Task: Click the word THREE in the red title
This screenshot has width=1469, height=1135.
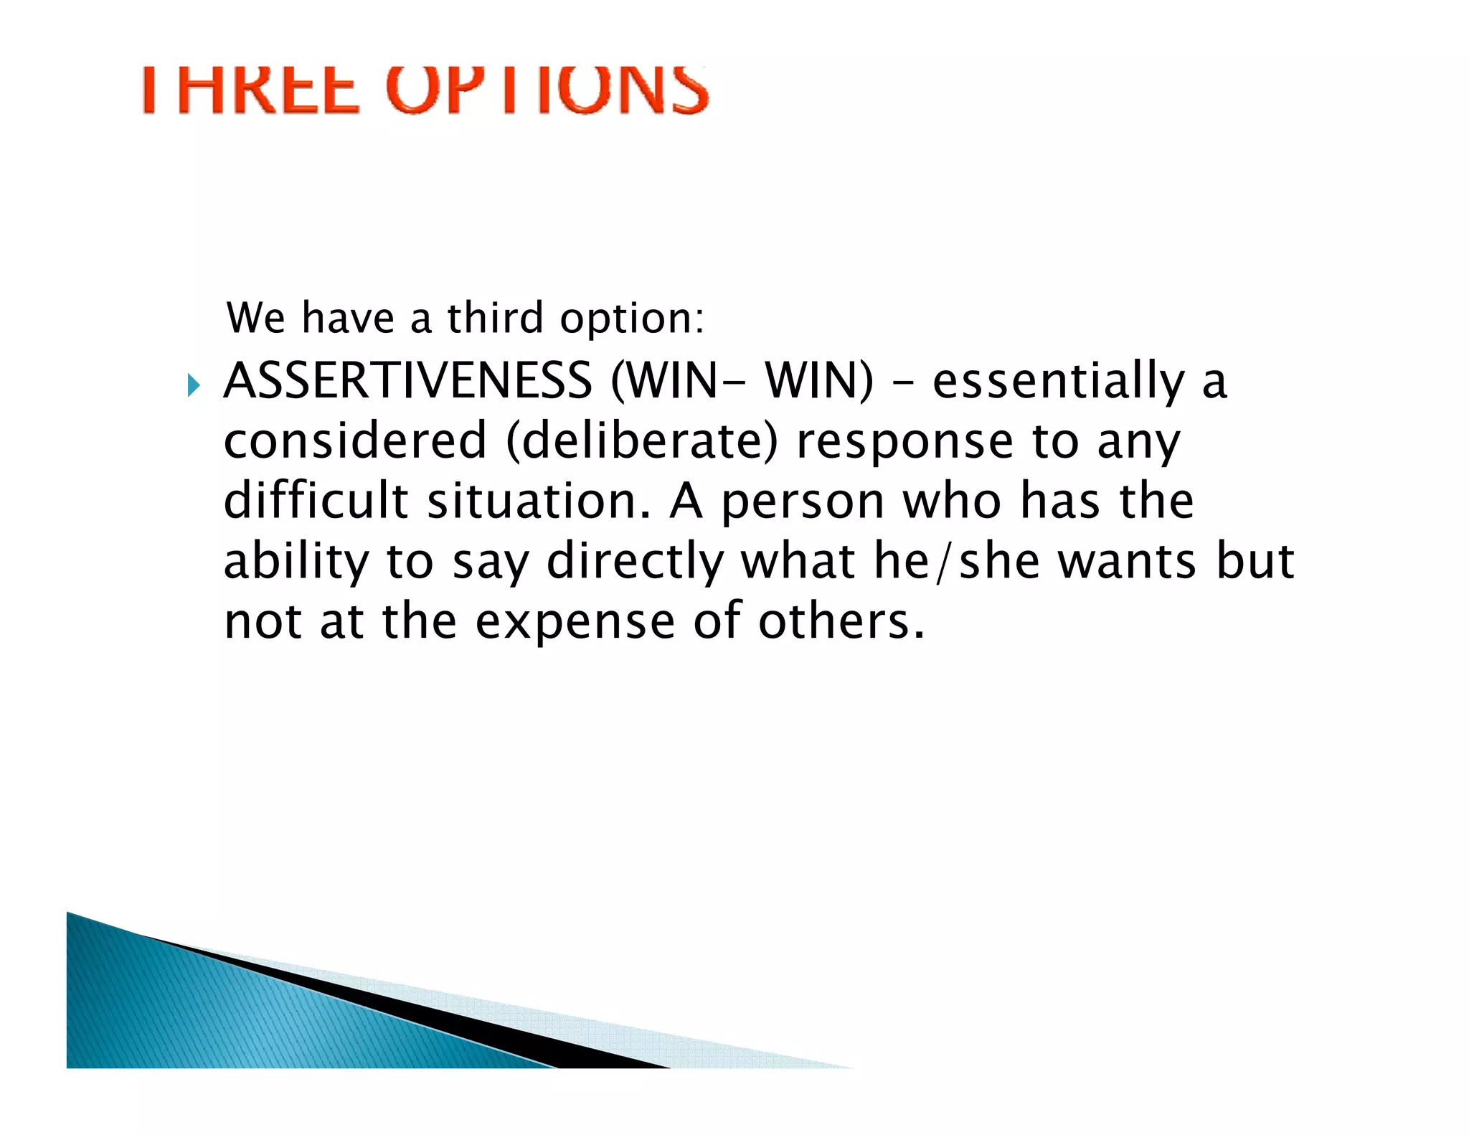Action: pyautogui.click(x=250, y=90)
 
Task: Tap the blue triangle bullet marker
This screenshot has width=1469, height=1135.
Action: pyautogui.click(x=193, y=385)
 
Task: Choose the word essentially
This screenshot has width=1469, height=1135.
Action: pyautogui.click(x=1058, y=382)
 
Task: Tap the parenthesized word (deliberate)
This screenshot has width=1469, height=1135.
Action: pyautogui.click(x=642, y=442)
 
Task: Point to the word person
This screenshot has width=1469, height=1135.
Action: pyautogui.click(x=802, y=502)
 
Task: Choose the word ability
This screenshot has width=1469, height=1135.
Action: pyautogui.click(x=296, y=562)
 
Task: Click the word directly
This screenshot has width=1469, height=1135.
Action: pyautogui.click(x=635, y=562)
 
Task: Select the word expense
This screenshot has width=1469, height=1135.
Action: pyautogui.click(x=575, y=622)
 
